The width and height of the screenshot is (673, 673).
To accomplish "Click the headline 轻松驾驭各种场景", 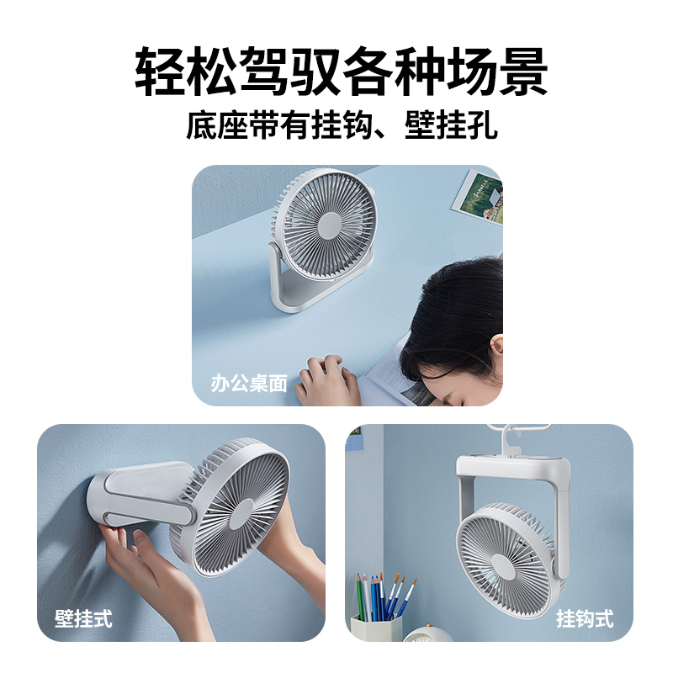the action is [x=342, y=72].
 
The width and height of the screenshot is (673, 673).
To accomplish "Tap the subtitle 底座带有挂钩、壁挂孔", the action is [x=342, y=125].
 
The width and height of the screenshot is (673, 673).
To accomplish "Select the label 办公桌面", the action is [x=248, y=384].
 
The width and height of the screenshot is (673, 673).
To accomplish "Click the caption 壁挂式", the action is [x=83, y=618].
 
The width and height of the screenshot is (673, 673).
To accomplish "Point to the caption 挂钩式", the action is [x=585, y=618].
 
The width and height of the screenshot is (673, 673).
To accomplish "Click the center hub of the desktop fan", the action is [x=330, y=225].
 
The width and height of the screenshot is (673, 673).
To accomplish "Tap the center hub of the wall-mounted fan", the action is [x=241, y=513].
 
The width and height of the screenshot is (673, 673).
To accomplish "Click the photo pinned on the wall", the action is [x=478, y=196].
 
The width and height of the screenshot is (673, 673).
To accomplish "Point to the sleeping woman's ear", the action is [x=496, y=346].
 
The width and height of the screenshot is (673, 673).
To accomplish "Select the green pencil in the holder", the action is [x=360, y=597].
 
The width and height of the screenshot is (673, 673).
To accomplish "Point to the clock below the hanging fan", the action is [x=427, y=634].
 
